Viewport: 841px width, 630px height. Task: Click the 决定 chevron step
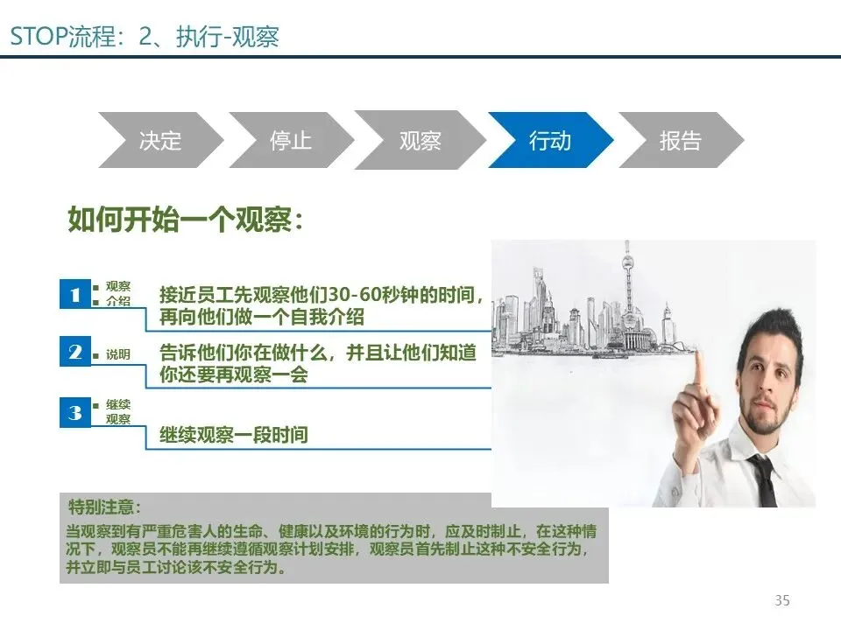[x=159, y=140]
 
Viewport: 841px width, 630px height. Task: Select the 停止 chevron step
[x=291, y=140]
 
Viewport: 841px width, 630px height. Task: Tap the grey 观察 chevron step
[x=420, y=140]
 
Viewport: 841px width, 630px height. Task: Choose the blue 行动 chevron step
[x=550, y=140]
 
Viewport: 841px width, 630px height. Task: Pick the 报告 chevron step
[x=681, y=140]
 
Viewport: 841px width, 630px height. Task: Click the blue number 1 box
[x=75, y=294]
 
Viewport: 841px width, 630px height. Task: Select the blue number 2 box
[x=75, y=351]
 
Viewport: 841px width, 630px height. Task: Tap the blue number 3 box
[x=75, y=412]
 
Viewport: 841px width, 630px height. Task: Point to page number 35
[x=782, y=600]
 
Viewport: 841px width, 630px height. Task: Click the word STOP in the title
[x=39, y=37]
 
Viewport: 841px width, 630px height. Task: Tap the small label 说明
[x=118, y=354]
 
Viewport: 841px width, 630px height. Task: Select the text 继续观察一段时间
[x=234, y=435]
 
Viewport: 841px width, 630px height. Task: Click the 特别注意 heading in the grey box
[x=104, y=507]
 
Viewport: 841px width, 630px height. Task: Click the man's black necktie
[x=764, y=480]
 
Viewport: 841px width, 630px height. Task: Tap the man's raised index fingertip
[x=698, y=354]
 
